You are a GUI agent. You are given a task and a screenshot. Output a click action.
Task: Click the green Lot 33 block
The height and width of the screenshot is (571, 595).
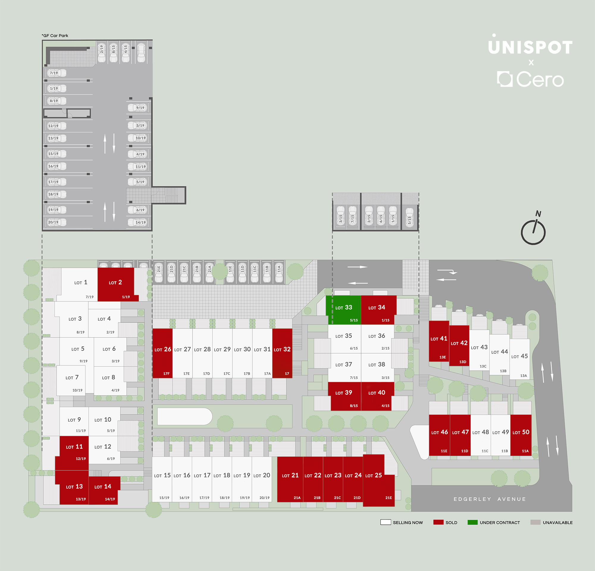pos(343,310)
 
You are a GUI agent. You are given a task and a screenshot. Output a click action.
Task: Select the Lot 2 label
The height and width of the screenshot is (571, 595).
pos(115,282)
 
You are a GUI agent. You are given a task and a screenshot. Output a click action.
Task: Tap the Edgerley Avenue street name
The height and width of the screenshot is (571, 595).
pos(490,499)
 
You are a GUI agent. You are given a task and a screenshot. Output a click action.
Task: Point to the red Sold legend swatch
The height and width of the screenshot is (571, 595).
pos(438,522)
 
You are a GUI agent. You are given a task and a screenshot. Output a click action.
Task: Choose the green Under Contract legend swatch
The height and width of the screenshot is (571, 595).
pos(473,522)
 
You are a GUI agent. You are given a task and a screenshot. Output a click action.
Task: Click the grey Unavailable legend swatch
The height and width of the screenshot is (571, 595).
pos(535,522)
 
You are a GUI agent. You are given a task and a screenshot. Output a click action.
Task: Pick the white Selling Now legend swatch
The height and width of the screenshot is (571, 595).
pos(386,522)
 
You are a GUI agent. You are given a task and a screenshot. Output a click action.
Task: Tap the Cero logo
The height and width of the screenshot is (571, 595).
pos(530,79)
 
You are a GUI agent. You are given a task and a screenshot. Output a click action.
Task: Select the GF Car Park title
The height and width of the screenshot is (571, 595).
pos(55,35)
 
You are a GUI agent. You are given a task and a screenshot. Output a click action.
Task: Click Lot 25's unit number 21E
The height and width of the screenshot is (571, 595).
pos(389,498)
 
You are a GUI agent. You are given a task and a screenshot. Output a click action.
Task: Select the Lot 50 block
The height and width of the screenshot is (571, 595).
pos(521,435)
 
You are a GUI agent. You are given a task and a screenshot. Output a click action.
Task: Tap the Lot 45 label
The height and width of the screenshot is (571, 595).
pos(519,356)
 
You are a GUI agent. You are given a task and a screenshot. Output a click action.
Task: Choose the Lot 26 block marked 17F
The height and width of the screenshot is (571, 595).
pos(162,353)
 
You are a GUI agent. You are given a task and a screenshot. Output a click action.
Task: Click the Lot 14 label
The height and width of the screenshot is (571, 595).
pos(103,486)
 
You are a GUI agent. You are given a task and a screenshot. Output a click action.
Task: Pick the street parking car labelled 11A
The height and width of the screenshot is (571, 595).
pos(279,272)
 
